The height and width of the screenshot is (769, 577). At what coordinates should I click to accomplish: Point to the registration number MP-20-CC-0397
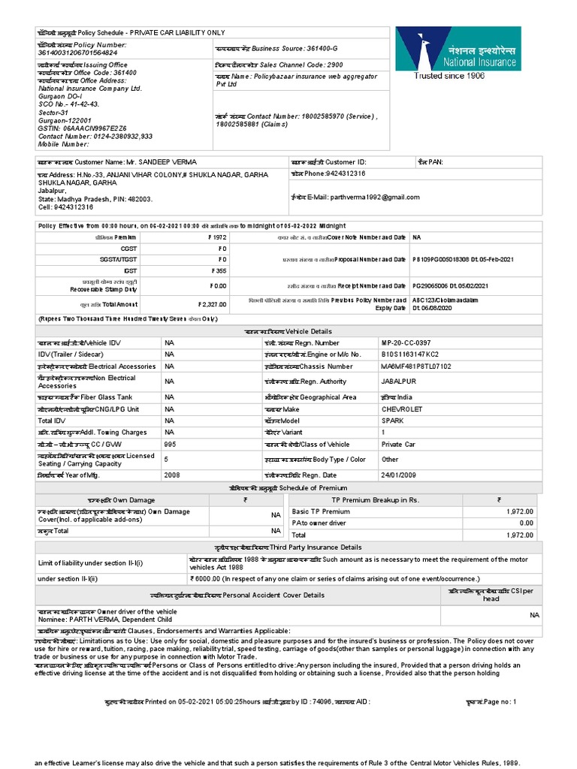(406, 342)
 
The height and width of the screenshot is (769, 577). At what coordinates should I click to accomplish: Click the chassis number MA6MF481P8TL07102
(416, 366)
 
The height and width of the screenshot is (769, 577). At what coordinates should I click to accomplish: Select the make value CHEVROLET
(402, 409)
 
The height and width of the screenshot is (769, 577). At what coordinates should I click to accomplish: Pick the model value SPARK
(392, 421)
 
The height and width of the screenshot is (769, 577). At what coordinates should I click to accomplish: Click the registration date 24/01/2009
(399, 475)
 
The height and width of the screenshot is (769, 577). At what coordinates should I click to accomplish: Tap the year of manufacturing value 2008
(171, 475)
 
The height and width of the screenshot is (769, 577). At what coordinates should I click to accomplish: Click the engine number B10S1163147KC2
(410, 354)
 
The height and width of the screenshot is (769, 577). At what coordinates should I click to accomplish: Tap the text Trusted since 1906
(449, 76)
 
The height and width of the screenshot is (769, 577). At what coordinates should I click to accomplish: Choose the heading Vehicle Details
(288, 331)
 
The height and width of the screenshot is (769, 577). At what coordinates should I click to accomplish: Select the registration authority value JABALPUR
(399, 381)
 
